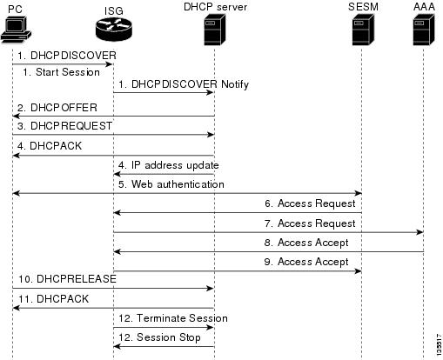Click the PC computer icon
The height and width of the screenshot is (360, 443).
tap(16, 30)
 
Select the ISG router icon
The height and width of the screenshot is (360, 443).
tap(114, 30)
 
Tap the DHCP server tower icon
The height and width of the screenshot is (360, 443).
tap(215, 30)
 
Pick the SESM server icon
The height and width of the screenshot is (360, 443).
tap(363, 30)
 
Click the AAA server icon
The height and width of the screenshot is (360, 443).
tap(424, 30)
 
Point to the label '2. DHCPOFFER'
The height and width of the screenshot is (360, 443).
tap(57, 108)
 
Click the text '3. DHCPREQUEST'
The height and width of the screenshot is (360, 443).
tap(64, 126)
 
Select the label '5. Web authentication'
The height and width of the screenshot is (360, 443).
tap(171, 184)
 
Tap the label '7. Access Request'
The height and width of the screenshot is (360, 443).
tap(310, 223)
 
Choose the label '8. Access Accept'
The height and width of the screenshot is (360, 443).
tap(306, 243)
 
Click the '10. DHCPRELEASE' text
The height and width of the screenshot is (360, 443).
tap(67, 279)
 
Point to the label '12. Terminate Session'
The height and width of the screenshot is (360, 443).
tap(173, 318)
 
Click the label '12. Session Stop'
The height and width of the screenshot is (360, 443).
tap(159, 337)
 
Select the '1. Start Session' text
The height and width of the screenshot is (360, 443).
tap(61, 72)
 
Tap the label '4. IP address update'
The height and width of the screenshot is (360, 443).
tap(169, 165)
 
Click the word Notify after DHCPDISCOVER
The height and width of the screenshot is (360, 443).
tap(235, 84)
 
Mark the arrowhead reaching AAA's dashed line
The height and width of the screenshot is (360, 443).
tap(420, 232)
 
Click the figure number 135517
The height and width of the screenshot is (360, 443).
tap(440, 344)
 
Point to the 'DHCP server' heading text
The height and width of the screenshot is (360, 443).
tap(216, 7)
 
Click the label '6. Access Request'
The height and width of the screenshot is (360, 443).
tap(310, 203)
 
